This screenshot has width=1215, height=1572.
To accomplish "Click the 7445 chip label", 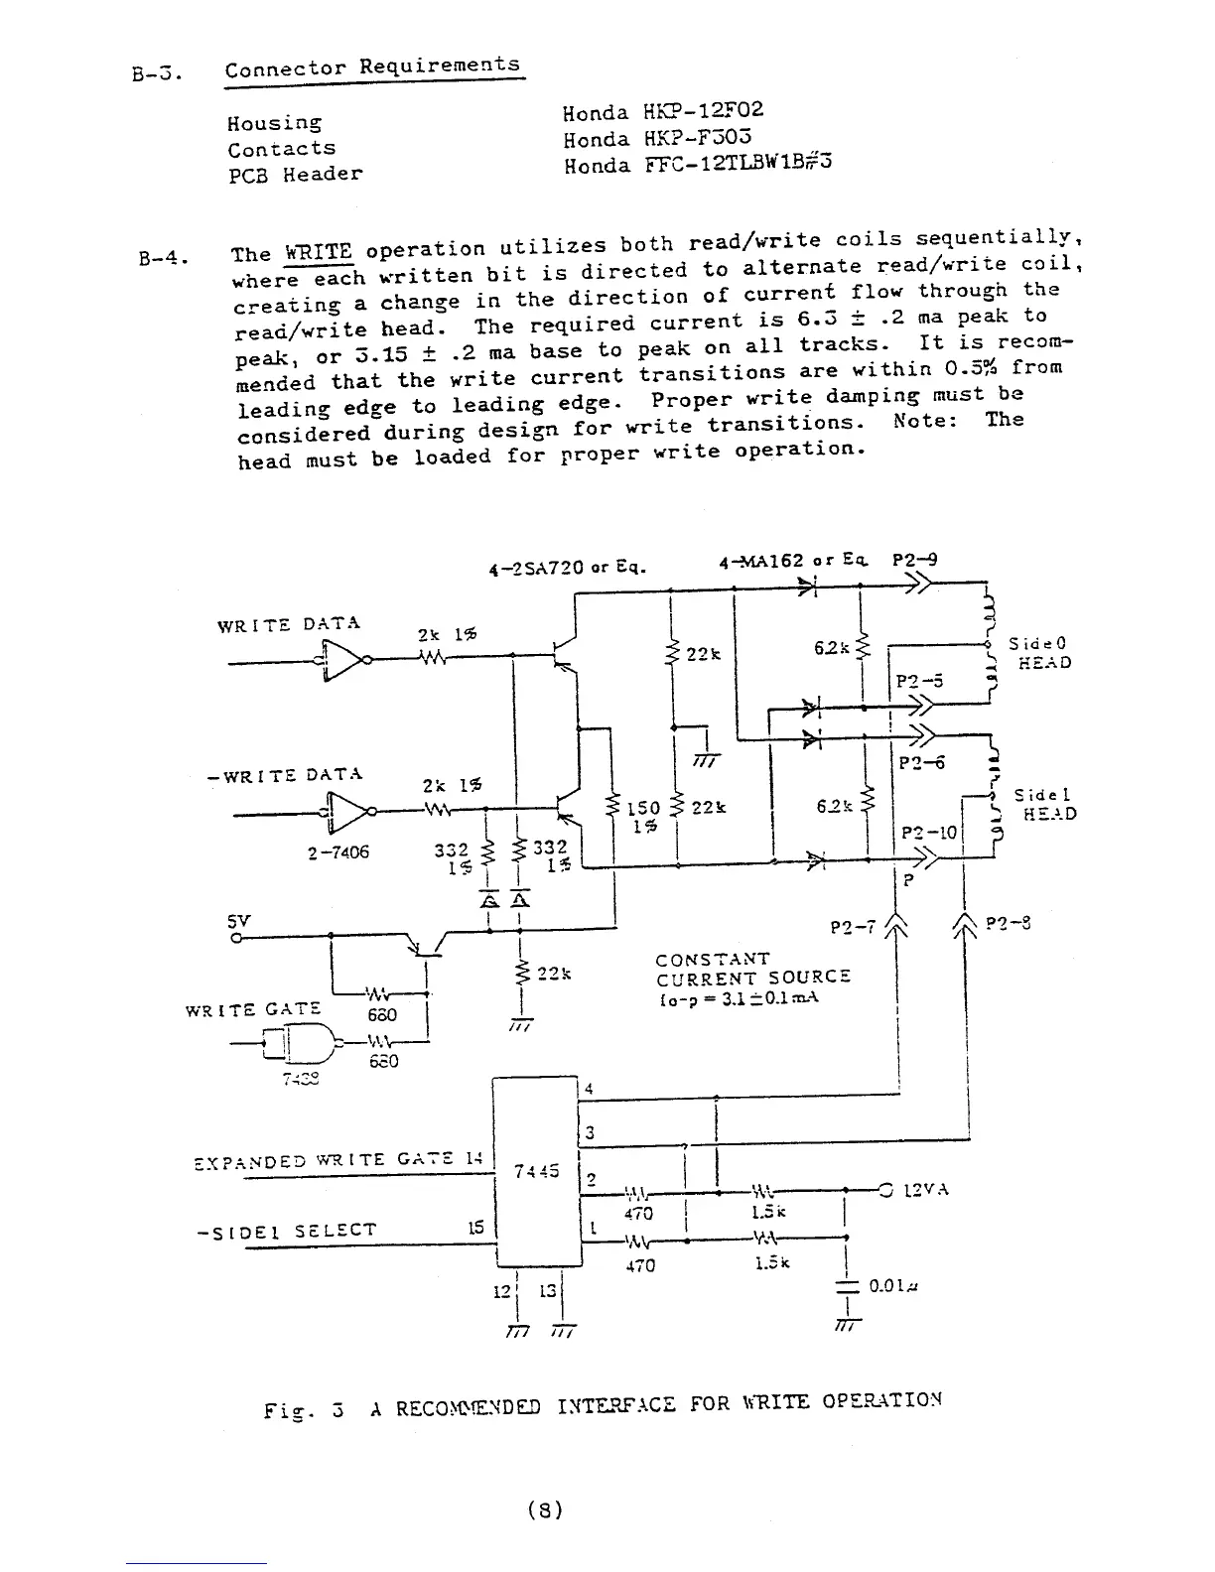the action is coord(538,1170).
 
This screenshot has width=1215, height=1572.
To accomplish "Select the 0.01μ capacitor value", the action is coord(895,1286).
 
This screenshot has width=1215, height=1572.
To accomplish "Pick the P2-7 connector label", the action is coord(853,928).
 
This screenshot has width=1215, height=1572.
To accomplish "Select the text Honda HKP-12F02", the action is coord(663,112).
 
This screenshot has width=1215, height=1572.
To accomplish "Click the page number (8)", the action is coord(545,1510).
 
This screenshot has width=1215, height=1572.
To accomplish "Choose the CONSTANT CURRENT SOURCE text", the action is coord(752,968).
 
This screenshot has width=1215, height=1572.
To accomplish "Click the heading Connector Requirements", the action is coord(372,67).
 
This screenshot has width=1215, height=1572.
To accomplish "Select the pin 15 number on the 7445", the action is coord(475,1228).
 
